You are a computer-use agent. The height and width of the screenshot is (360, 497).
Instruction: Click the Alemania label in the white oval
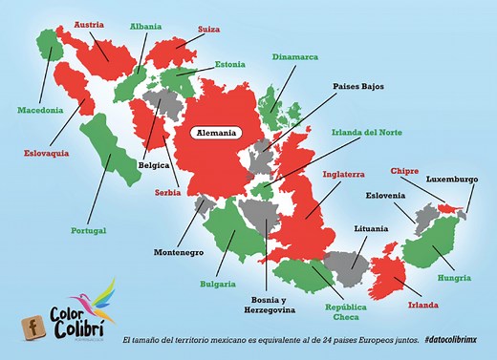(x=216, y=133)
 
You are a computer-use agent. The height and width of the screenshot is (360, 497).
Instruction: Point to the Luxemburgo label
(x=452, y=179)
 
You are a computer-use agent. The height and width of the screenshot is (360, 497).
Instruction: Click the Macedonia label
(x=42, y=109)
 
